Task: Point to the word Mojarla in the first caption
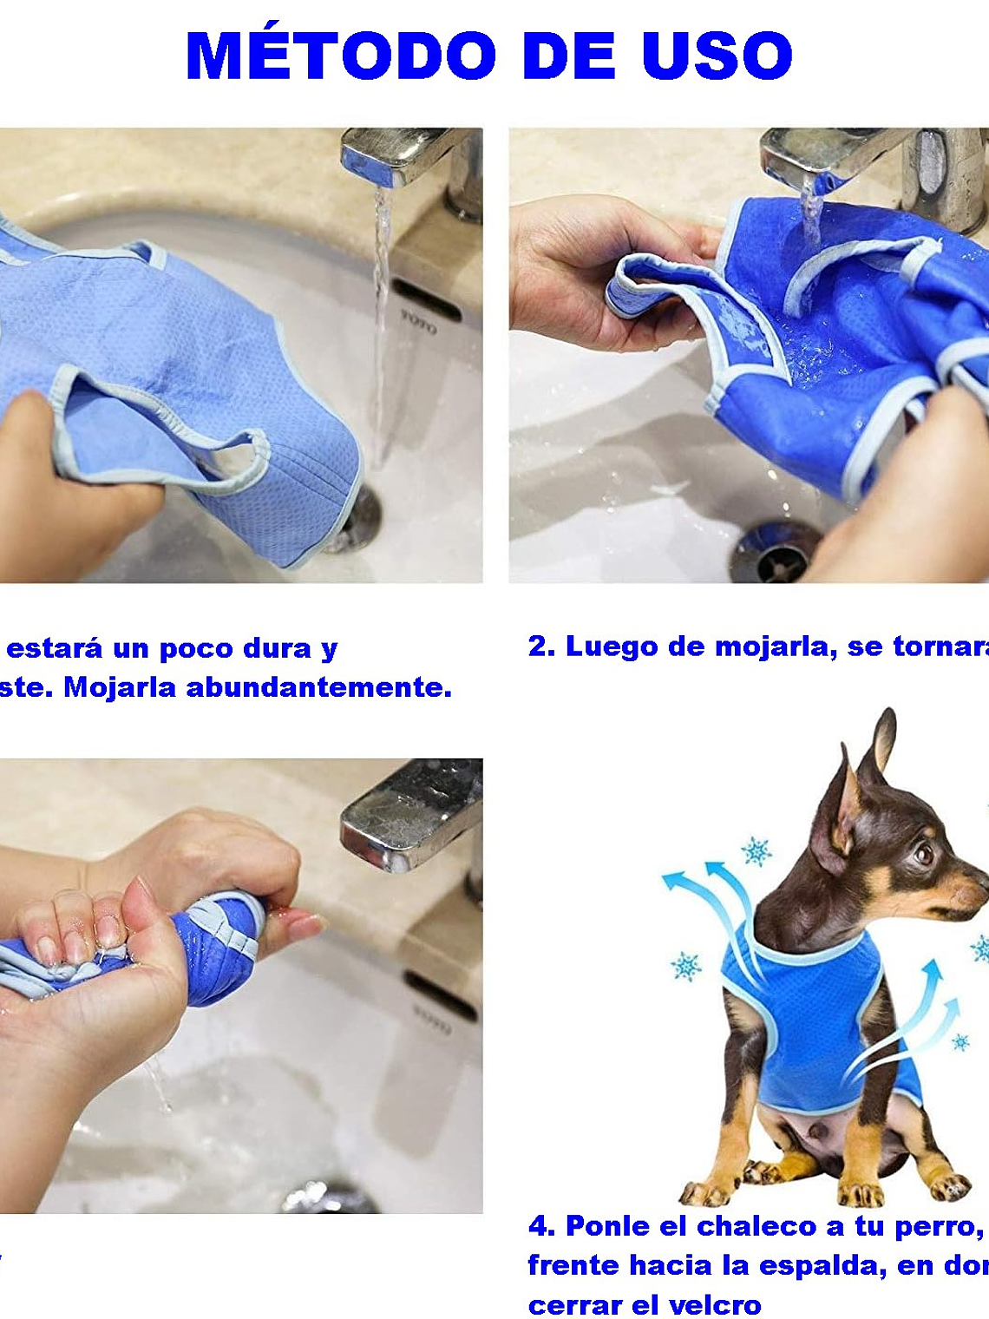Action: coord(121,687)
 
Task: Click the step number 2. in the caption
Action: coord(541,646)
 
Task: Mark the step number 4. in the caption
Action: coord(541,1226)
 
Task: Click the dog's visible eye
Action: coord(924,854)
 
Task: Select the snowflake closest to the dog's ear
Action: coord(756,851)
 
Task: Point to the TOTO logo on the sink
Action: coord(418,322)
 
